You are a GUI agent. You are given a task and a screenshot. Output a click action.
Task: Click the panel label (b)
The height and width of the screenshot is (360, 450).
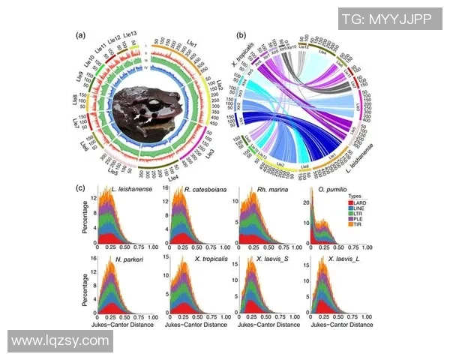(241, 35)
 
